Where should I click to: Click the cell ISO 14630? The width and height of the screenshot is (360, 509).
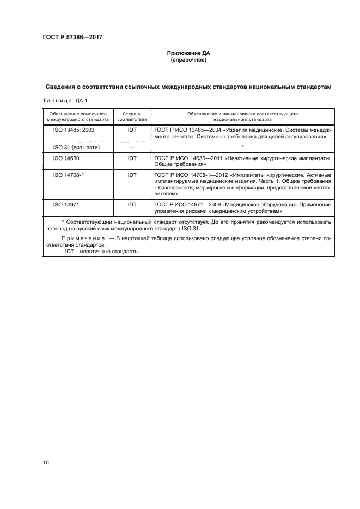pyautogui.click(x=65, y=158)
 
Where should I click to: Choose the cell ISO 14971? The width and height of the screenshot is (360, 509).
pyautogui.click(x=65, y=204)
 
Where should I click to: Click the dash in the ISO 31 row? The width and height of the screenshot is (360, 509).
pyautogui.click(x=132, y=148)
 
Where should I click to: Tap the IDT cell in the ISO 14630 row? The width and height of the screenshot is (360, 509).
pyautogui.click(x=132, y=158)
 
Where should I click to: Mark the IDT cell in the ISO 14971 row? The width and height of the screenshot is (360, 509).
pyautogui.click(x=132, y=204)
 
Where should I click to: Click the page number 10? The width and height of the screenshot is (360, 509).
pyautogui.click(x=46, y=463)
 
